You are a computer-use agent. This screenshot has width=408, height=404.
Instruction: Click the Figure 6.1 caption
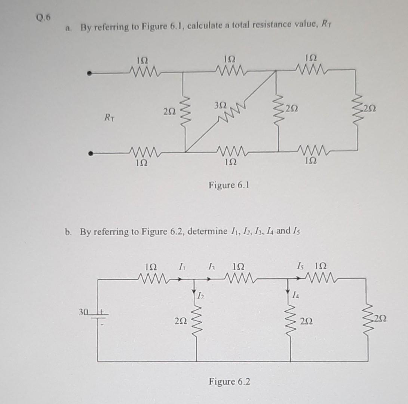point(229,185)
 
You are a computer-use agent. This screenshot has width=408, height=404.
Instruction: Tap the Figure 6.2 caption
point(230,382)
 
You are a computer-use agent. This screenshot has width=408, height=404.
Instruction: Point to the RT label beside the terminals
point(109,119)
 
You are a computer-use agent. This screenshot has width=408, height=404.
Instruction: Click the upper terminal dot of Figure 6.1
point(89,74)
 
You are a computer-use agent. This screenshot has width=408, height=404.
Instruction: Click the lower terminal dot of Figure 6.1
point(89,153)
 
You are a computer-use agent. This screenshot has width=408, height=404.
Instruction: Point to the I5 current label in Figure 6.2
point(300,266)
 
